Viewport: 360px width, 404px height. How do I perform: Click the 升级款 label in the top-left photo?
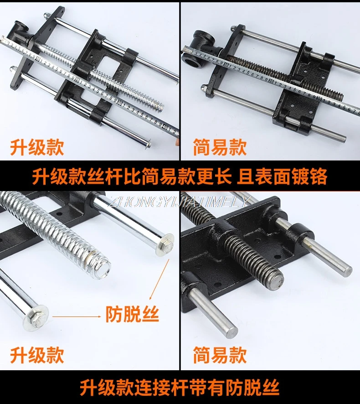pyautogui.click(x=37, y=148)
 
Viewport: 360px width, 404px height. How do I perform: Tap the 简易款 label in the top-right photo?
pyautogui.click(x=220, y=148)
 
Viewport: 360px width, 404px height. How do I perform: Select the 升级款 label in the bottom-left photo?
pyautogui.click(x=37, y=354)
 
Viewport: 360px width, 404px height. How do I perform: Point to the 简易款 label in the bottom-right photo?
pyautogui.click(x=220, y=354)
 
